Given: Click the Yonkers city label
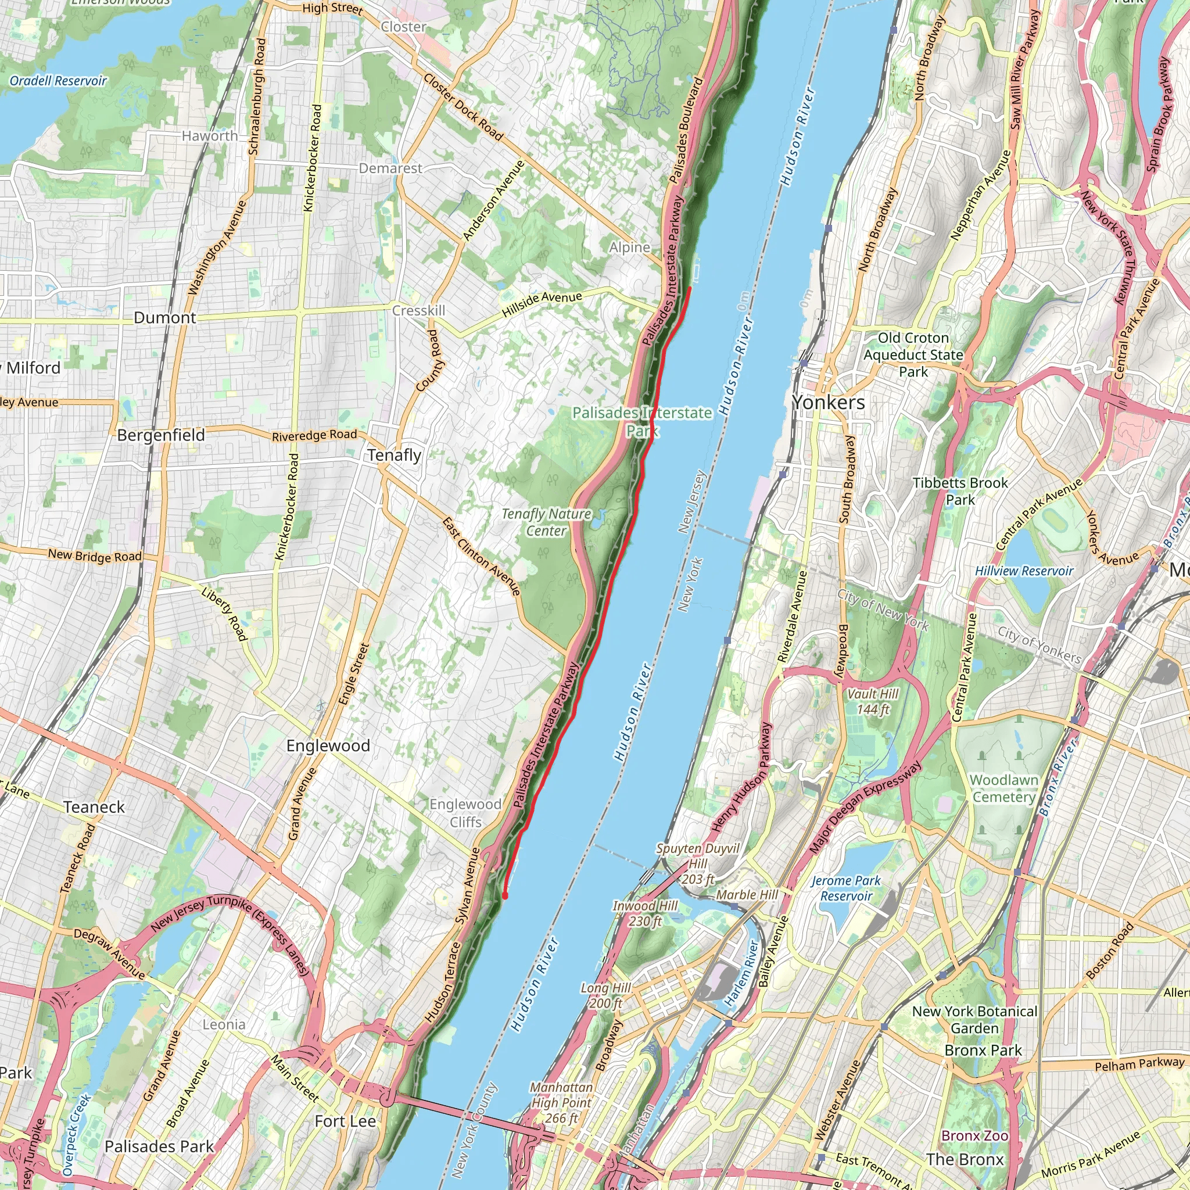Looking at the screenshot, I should click(829, 403).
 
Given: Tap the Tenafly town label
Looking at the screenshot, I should click(394, 455).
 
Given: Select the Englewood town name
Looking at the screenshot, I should click(328, 746).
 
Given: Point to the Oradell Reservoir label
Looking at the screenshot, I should click(58, 81).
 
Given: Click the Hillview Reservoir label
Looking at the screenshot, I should click(1024, 571).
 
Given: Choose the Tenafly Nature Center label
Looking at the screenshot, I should click(546, 522).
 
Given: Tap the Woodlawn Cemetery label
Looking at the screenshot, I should click(1003, 788).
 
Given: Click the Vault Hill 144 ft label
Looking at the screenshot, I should click(873, 701).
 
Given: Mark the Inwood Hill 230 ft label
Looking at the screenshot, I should click(645, 913).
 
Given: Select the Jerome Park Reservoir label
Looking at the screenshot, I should click(845, 888).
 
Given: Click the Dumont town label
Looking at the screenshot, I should click(165, 318).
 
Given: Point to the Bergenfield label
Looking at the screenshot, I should click(161, 435).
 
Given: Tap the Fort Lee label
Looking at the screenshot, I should click(345, 1121).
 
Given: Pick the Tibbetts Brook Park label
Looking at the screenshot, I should click(960, 491).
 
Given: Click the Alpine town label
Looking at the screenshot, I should click(629, 248).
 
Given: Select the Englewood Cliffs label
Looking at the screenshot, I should click(465, 813).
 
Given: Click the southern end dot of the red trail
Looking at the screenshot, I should click(505, 896).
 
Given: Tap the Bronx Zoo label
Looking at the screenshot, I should click(975, 1135).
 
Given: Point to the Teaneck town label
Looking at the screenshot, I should click(94, 807).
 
